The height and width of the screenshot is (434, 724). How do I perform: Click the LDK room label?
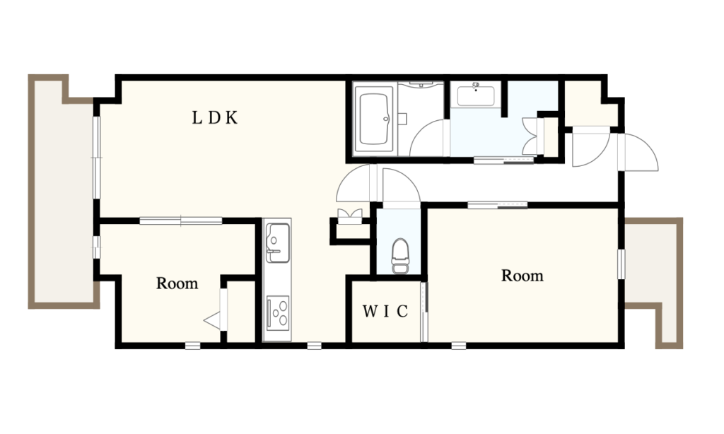215,118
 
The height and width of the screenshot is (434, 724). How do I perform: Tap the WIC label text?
385,312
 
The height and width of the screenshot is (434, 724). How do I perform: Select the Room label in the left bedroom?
177,283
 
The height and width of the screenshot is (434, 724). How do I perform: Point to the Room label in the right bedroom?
522,276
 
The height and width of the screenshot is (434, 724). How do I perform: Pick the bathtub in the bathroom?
373,119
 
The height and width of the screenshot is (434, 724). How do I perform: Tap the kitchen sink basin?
278,243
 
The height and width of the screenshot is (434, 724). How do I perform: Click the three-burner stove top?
278,312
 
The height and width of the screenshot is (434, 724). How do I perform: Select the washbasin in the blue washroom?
476,95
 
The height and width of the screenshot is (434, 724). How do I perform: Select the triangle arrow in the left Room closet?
212,320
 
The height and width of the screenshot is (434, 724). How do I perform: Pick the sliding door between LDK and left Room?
180,221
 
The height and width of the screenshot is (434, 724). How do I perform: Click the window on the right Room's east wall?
621,264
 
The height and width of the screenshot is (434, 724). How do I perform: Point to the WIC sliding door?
424,311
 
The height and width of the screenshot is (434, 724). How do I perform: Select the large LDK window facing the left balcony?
96,158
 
